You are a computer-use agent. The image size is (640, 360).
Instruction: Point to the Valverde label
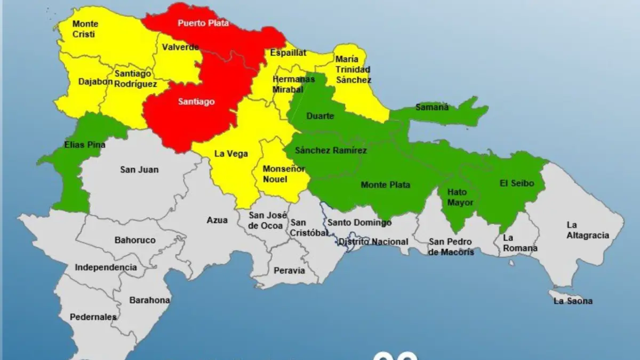[181, 47]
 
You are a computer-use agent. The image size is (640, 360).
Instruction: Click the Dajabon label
[96, 82]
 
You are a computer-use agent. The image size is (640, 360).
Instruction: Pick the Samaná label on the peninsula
[432, 107]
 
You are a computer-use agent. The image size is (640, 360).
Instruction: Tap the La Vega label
[231, 154]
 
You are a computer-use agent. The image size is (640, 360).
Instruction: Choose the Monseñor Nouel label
[284, 174]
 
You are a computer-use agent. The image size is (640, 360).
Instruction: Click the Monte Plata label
[385, 185]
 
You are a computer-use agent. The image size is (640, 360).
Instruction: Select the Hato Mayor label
[457, 197]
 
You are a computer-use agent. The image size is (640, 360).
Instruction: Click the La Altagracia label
[587, 230]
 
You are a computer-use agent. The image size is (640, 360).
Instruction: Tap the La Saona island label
[573, 301]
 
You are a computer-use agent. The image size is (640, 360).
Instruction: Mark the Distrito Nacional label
[374, 242]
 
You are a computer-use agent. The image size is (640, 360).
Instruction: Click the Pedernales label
[93, 317]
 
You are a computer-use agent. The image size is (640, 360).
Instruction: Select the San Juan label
[139, 170]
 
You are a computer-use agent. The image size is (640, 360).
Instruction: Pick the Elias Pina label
[84, 145]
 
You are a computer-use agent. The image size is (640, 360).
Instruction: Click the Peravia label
[289, 271]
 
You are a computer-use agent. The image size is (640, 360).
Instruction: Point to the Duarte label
[320, 116]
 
